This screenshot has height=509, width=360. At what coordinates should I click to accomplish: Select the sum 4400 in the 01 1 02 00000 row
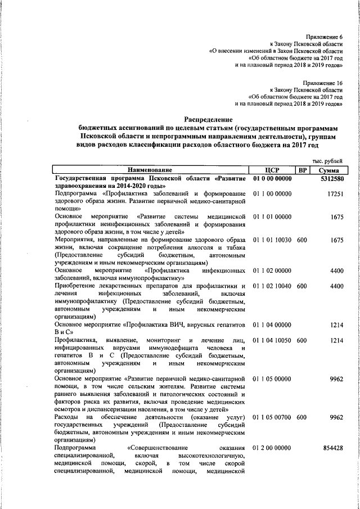tap(336, 271)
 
